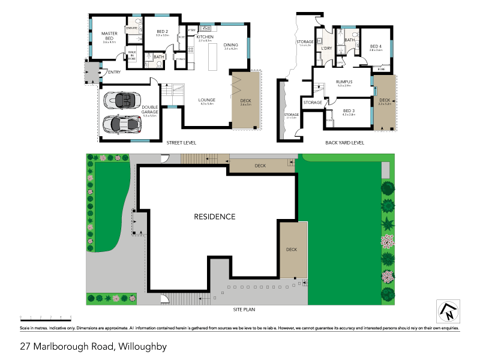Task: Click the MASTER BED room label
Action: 109,34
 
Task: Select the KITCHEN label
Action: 205,37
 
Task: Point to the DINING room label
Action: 231,44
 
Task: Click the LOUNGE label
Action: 207,100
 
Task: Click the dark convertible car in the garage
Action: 122,99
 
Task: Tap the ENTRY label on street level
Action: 114,72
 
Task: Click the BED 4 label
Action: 376,46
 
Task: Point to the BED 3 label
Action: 349,110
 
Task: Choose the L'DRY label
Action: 327,49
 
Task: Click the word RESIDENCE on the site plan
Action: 214,217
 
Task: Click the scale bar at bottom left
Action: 46,316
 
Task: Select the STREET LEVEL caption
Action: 181,143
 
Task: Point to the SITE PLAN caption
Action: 245,310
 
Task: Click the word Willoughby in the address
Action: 142,346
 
